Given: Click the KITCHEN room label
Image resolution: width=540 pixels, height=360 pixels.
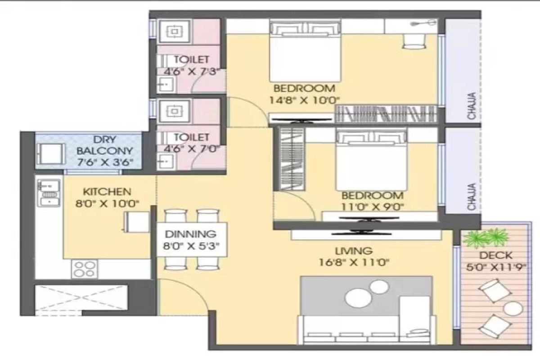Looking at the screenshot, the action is point(107,192).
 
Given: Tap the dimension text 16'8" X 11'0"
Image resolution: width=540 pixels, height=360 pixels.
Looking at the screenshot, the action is point(354,262).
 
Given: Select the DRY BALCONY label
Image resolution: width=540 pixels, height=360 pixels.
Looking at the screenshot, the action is point(104,145).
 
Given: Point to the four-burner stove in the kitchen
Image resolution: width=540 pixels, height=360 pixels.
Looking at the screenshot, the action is point(85,269).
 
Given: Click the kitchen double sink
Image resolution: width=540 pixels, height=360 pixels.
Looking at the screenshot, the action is point(49,193).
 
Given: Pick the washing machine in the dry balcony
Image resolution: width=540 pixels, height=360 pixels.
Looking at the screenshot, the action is point(50,154).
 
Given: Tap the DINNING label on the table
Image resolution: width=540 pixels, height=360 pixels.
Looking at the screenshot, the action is point(190,234).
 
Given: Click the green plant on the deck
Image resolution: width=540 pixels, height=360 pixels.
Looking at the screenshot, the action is point(486,238).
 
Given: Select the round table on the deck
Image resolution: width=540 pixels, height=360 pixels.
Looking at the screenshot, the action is point(513,309).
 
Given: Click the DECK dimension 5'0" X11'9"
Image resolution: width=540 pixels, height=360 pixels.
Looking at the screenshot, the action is point(495,267).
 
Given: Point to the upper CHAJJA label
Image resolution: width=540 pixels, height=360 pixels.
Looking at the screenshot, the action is point(472,106).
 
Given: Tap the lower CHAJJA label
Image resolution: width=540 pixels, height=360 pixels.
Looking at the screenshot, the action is point(472,197).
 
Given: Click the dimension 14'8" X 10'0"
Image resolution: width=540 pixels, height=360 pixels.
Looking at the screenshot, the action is point(304,100).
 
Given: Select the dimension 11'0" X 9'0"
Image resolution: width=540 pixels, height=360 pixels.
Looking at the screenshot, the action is point(373,207).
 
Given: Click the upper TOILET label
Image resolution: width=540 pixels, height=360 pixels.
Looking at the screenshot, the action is point(191,59).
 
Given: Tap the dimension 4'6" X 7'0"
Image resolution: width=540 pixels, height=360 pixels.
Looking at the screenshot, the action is point(192,149).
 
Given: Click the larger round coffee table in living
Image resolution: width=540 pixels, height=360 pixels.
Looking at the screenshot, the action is point(358,298).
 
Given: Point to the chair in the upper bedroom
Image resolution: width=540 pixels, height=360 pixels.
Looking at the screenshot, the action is point(414,41).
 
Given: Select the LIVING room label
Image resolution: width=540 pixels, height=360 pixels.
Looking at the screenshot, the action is point(354,251).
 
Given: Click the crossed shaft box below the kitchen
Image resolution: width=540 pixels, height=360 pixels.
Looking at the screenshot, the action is point(81,297).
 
